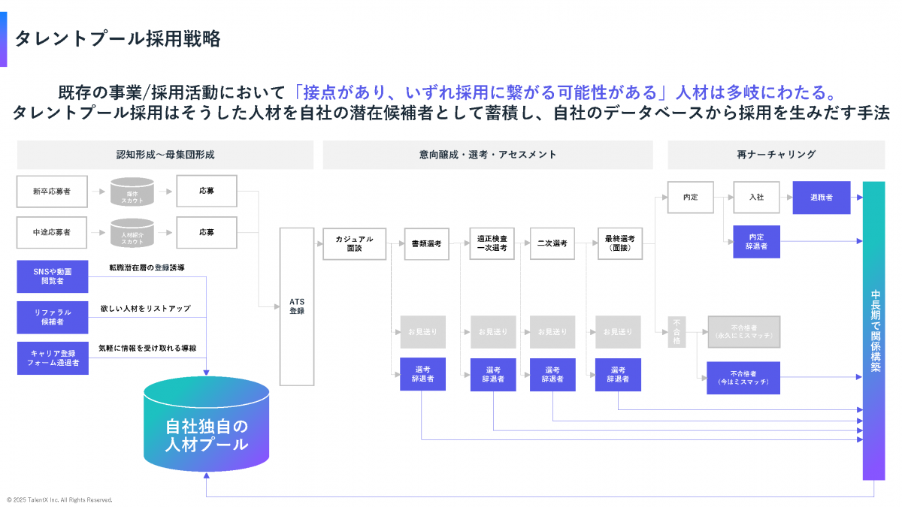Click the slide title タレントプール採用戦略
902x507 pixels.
coord(118,39)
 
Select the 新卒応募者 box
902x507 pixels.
coord(52,192)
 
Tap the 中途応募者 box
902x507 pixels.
coord(52,233)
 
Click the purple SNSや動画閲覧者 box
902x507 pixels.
coord(52,276)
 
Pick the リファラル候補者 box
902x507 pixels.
coord(52,317)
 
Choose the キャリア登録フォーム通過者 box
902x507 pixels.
coord(52,358)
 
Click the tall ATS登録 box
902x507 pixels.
coord(297,306)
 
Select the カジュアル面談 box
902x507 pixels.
coord(354,243)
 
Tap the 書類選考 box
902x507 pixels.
coord(426,243)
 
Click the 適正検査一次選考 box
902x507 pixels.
coord(492,243)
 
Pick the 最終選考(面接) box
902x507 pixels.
coord(619,243)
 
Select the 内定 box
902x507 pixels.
coord(690,197)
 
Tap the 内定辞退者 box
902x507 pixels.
coord(756,241)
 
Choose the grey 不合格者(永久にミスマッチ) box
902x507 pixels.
coord(743,331)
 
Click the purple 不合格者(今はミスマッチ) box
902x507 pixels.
coord(743,378)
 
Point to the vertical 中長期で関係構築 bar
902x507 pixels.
coord(874,330)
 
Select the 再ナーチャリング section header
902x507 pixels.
coord(776,155)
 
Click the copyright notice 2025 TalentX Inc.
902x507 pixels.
coord(59,499)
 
